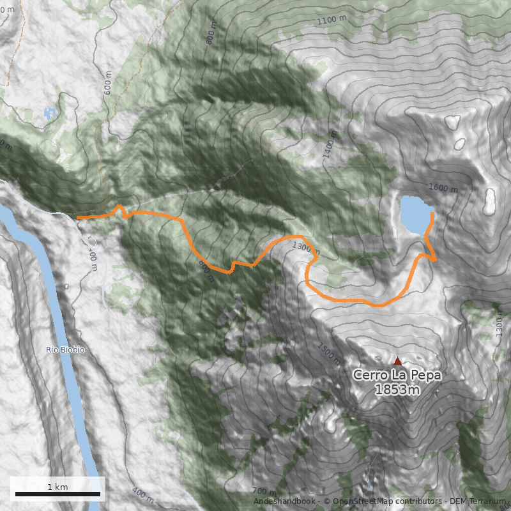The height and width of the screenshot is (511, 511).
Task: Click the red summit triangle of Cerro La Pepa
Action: click(397, 361)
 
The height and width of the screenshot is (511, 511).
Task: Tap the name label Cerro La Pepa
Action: click(397, 375)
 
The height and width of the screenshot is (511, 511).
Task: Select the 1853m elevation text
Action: click(397, 390)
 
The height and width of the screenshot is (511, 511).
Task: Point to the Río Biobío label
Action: click(65, 350)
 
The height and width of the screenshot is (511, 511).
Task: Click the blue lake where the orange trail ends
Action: click(415, 215)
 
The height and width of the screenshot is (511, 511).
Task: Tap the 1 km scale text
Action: click(57, 487)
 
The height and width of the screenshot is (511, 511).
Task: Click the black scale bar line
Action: click(57, 494)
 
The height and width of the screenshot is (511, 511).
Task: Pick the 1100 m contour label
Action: click(331, 20)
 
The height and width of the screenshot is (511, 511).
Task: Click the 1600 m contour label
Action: click(443, 188)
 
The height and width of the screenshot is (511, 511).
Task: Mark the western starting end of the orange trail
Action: click(78, 218)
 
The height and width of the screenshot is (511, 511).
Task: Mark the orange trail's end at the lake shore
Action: click(432, 214)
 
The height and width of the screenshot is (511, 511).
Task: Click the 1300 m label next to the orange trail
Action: click(304, 246)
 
